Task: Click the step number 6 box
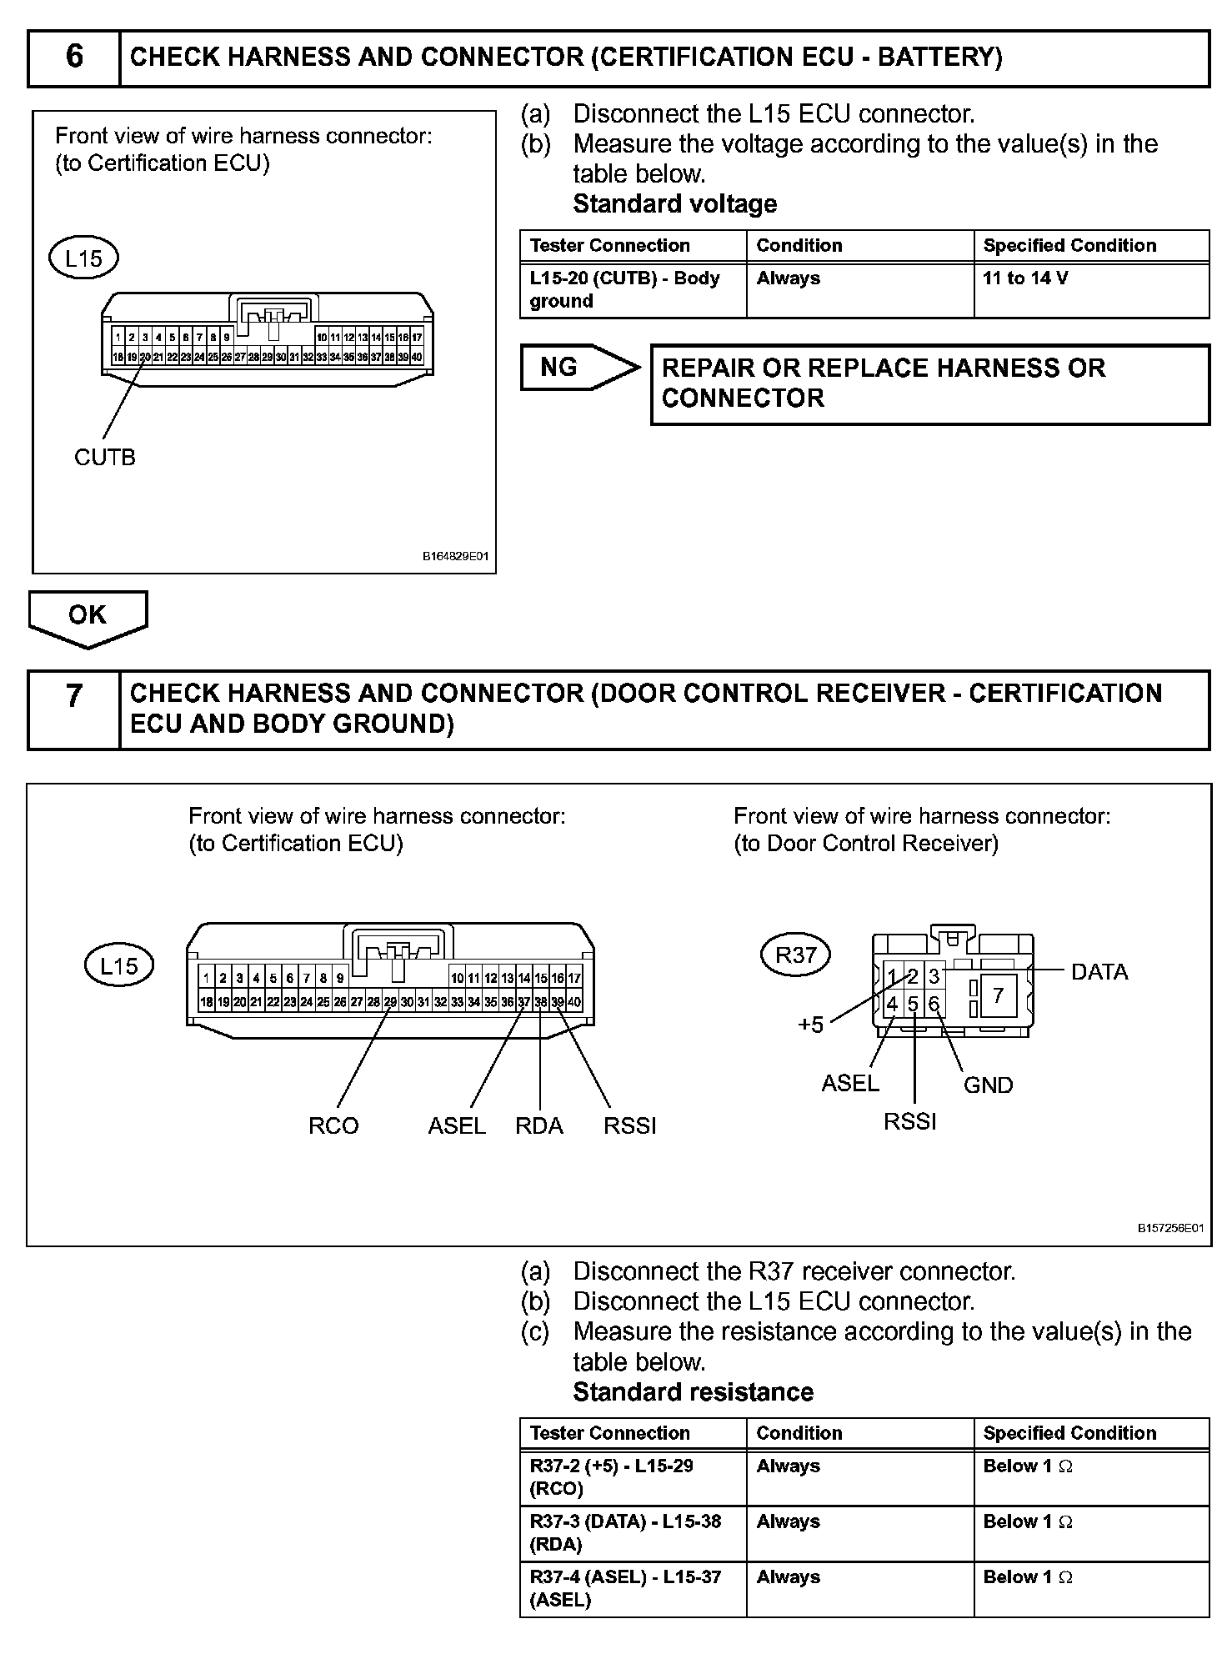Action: pyautogui.click(x=74, y=58)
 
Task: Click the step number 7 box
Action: pyautogui.click(x=74, y=709)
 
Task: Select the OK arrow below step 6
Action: pyautogui.click(x=88, y=616)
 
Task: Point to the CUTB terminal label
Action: pyautogui.click(x=104, y=457)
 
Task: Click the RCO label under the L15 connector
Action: pyautogui.click(x=333, y=1125)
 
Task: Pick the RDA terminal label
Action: pyautogui.click(x=539, y=1125)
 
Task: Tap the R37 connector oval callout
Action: pyautogui.click(x=795, y=955)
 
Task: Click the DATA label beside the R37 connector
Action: pyautogui.click(x=1099, y=972)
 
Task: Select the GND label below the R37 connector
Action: pyautogui.click(x=988, y=1085)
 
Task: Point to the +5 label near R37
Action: pyautogui.click(x=810, y=1025)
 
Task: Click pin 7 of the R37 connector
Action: pyautogui.click(x=998, y=995)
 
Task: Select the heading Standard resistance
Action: pyautogui.click(x=693, y=1392)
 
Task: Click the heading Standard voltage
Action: pyautogui.click(x=674, y=204)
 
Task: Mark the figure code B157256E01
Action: pyautogui.click(x=1170, y=1228)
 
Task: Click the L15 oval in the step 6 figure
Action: pyautogui.click(x=83, y=258)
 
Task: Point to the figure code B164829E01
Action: pyautogui.click(x=455, y=556)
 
